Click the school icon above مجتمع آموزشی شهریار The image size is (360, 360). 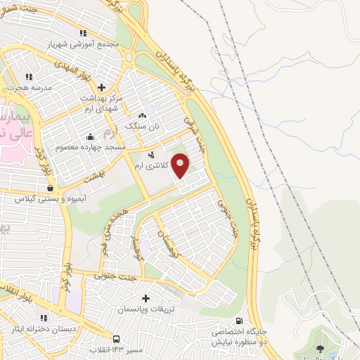84,32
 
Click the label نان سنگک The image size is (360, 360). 143,126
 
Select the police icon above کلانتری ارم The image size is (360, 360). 150,154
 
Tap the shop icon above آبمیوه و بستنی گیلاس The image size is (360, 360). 50,188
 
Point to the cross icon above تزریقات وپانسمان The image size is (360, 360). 146,298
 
